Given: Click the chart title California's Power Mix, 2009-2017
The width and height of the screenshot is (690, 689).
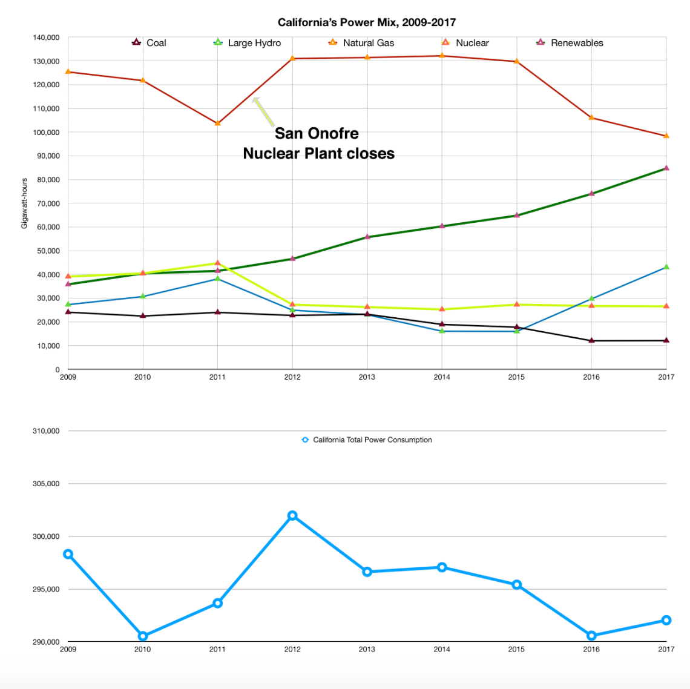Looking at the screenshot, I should pos(366,22).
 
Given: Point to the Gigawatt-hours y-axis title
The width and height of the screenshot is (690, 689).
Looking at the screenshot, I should pos(25,203).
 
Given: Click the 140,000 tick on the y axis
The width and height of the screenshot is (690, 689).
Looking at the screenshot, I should pos(47,38).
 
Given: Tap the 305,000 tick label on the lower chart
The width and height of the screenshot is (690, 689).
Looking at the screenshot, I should pos(47,484).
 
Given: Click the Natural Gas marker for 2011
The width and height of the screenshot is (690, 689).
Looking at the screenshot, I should pos(217,124).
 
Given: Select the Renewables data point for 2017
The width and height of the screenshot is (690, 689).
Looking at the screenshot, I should pos(666,168).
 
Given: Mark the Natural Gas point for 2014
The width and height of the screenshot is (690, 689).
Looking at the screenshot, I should pos(442,56).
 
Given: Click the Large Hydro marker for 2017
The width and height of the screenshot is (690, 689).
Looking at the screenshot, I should pos(666,267).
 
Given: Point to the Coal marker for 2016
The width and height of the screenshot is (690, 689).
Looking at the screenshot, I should pos(591,341).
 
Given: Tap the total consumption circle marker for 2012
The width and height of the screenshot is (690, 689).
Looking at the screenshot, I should pos(292,516).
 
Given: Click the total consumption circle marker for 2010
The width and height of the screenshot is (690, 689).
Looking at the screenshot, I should pos(143,636).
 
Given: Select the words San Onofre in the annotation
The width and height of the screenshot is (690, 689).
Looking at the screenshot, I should pos(317,133).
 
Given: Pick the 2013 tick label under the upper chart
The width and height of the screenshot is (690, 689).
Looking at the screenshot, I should pos(367,377).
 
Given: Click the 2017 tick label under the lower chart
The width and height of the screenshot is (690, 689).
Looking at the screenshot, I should pos(666,650).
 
